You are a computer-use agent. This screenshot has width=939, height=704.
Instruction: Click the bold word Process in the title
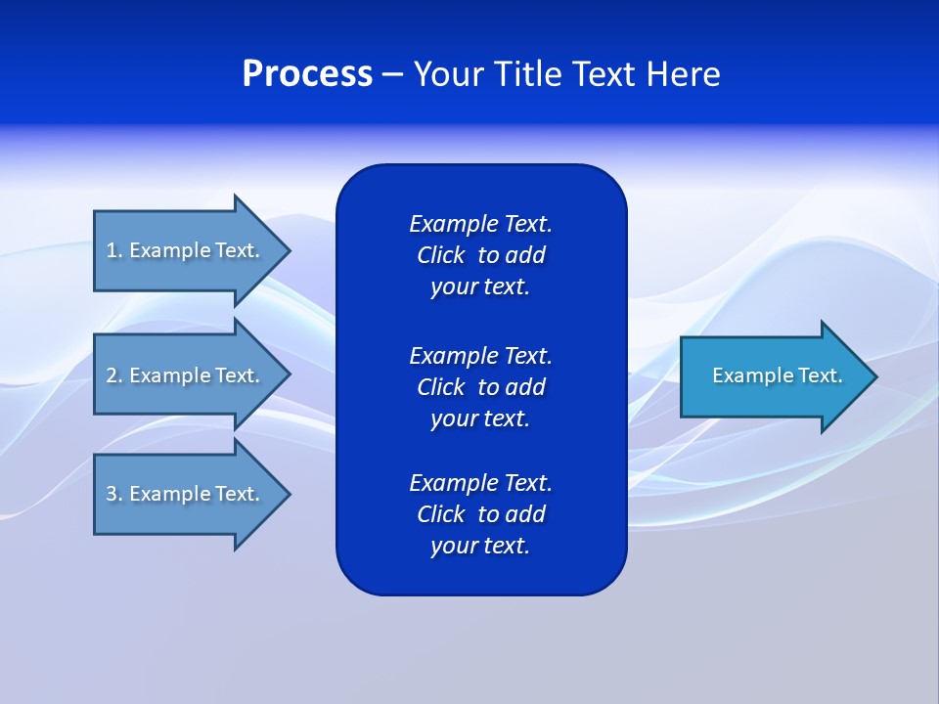307,74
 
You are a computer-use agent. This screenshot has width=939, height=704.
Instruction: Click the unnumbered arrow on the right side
773,375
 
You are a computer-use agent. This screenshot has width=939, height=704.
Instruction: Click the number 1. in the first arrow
114,250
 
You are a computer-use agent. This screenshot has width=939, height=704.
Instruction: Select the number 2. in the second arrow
114,375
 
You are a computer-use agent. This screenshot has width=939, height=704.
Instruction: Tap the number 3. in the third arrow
114,494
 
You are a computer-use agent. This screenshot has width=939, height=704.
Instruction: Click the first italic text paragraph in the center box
480,255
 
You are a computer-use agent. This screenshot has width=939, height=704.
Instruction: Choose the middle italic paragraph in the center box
480,387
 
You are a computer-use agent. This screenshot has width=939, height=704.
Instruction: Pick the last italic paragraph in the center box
480,514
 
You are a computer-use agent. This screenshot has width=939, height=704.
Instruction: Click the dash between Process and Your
392,74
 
